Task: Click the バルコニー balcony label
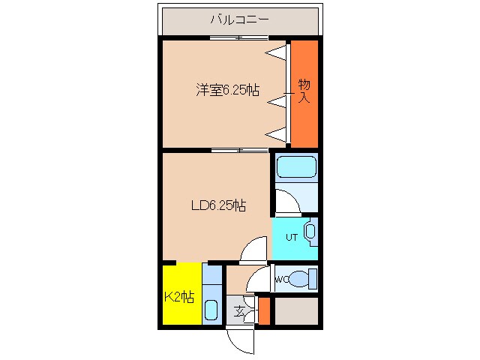click(x=240, y=20)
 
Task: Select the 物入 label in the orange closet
click(x=304, y=90)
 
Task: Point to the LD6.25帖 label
click(x=217, y=205)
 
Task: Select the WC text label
click(x=281, y=280)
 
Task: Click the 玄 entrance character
click(x=238, y=311)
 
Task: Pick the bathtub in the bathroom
click(x=295, y=169)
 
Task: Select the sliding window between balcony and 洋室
click(x=239, y=38)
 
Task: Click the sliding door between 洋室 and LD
click(x=239, y=150)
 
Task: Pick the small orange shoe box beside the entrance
click(x=263, y=310)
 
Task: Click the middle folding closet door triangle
click(x=278, y=98)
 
